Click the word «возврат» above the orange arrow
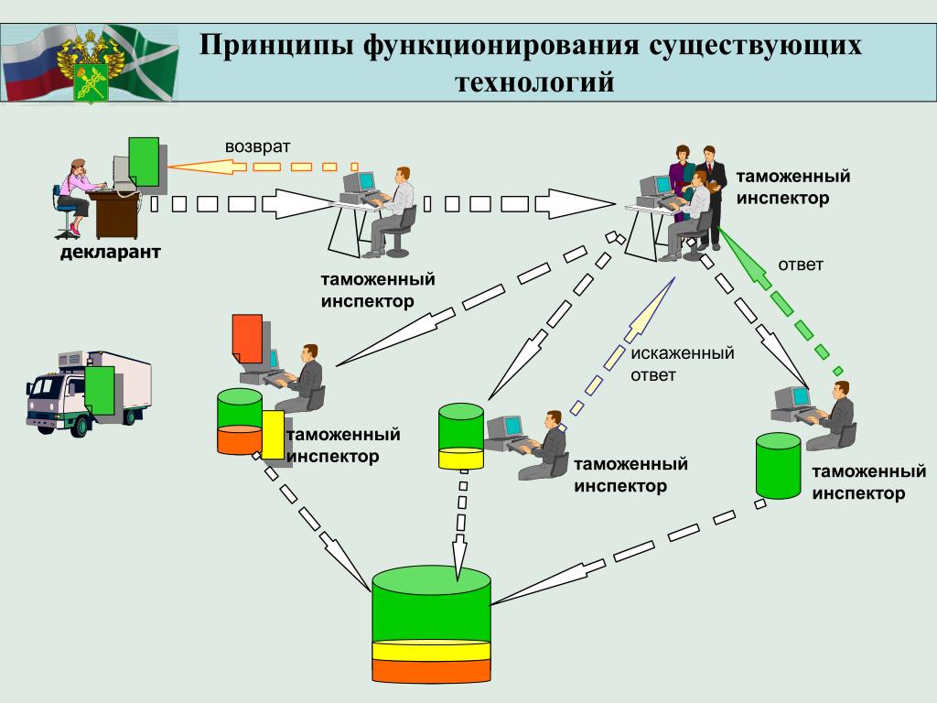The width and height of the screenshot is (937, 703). coord(257,146)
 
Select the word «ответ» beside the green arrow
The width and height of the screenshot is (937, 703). coord(801,265)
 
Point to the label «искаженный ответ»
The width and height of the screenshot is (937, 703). coord(682,363)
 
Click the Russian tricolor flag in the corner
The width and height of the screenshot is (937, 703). coord(32,64)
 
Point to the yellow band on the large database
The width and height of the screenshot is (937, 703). coord(432,652)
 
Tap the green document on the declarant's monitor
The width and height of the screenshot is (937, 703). coord(144,159)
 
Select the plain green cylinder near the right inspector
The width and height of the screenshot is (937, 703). coord(778,467)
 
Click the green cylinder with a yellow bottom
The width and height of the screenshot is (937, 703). coord(460,437)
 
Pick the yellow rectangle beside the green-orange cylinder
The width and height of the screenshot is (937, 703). coord(274,435)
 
